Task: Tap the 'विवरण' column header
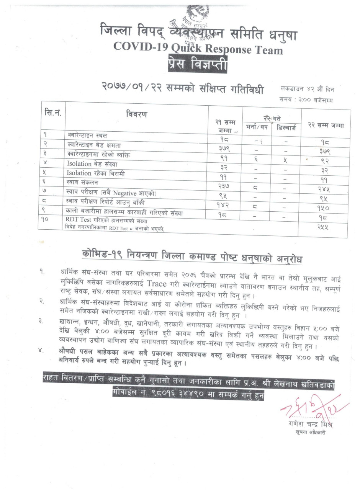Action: [x=136, y=114]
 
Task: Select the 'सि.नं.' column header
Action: [x=53, y=113]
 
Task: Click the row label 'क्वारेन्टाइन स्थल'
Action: [x=87, y=136]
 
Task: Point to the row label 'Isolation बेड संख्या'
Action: [x=92, y=164]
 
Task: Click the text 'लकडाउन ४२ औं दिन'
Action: [x=307, y=89]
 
